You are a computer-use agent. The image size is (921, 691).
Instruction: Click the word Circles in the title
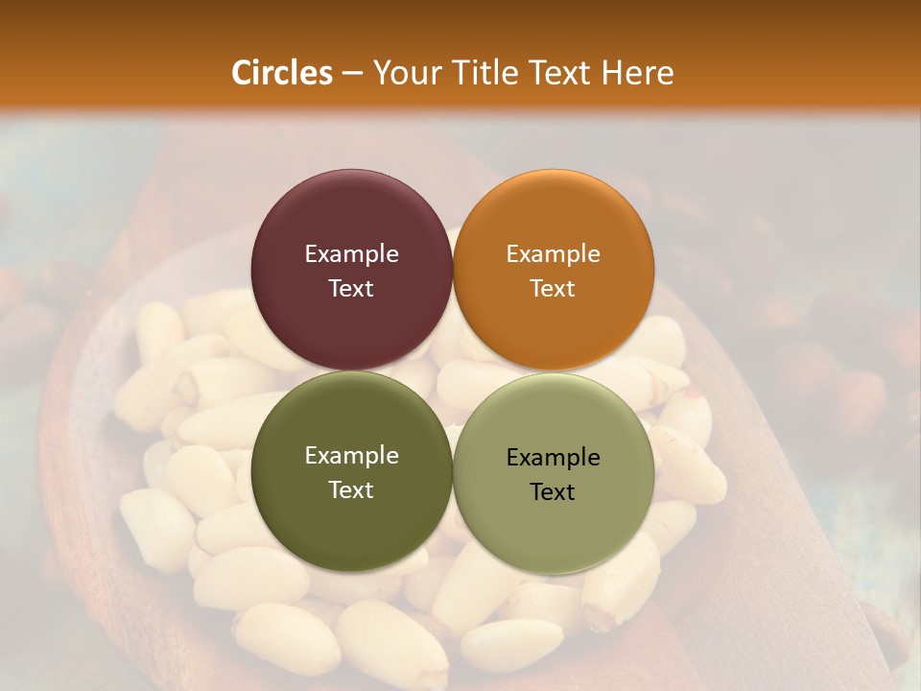pos(281,73)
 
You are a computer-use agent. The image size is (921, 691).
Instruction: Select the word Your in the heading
pos(405,73)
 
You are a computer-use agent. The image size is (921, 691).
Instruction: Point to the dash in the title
pos(351,74)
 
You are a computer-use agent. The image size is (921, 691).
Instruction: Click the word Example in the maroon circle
pos(351,254)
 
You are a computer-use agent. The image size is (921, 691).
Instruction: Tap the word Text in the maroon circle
pos(351,289)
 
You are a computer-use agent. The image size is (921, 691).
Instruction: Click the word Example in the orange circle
pos(554,254)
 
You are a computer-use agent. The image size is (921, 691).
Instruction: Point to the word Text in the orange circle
pos(554,289)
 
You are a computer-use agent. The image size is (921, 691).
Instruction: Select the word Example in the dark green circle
pos(351,456)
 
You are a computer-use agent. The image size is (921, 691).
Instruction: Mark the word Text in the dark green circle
pos(351,490)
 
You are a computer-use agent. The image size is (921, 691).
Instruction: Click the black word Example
pos(554,458)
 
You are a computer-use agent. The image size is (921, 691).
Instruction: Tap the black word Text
pos(554,492)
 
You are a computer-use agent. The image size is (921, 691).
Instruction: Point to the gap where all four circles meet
pos(453,370)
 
